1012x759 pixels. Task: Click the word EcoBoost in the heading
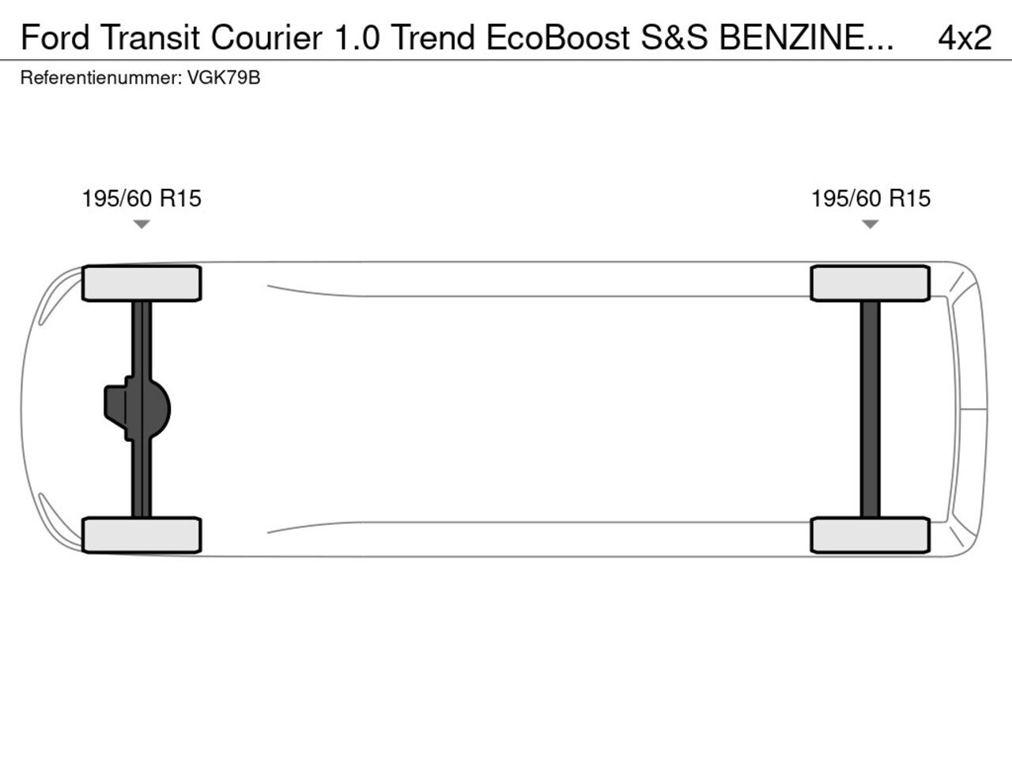pyautogui.click(x=557, y=37)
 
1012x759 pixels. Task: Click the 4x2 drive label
pyautogui.click(x=965, y=37)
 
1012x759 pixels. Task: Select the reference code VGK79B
pyautogui.click(x=224, y=78)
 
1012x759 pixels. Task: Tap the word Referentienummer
pyautogui.click(x=100, y=78)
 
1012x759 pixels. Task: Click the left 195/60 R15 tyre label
pyautogui.click(x=142, y=198)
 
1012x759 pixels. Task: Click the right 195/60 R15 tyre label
pyautogui.click(x=870, y=198)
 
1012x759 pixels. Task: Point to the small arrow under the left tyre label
pyautogui.click(x=142, y=225)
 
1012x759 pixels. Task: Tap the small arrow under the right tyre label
pyautogui.click(x=870, y=225)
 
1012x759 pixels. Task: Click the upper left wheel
pyautogui.click(x=142, y=283)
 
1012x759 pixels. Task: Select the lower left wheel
pyautogui.click(x=142, y=535)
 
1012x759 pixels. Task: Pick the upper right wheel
pyautogui.click(x=870, y=283)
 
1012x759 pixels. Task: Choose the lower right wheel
pyautogui.click(x=870, y=535)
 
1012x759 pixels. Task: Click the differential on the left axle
pyautogui.click(x=138, y=409)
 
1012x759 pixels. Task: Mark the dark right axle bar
pyautogui.click(x=870, y=409)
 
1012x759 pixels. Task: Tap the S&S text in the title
pyautogui.click(x=674, y=37)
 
